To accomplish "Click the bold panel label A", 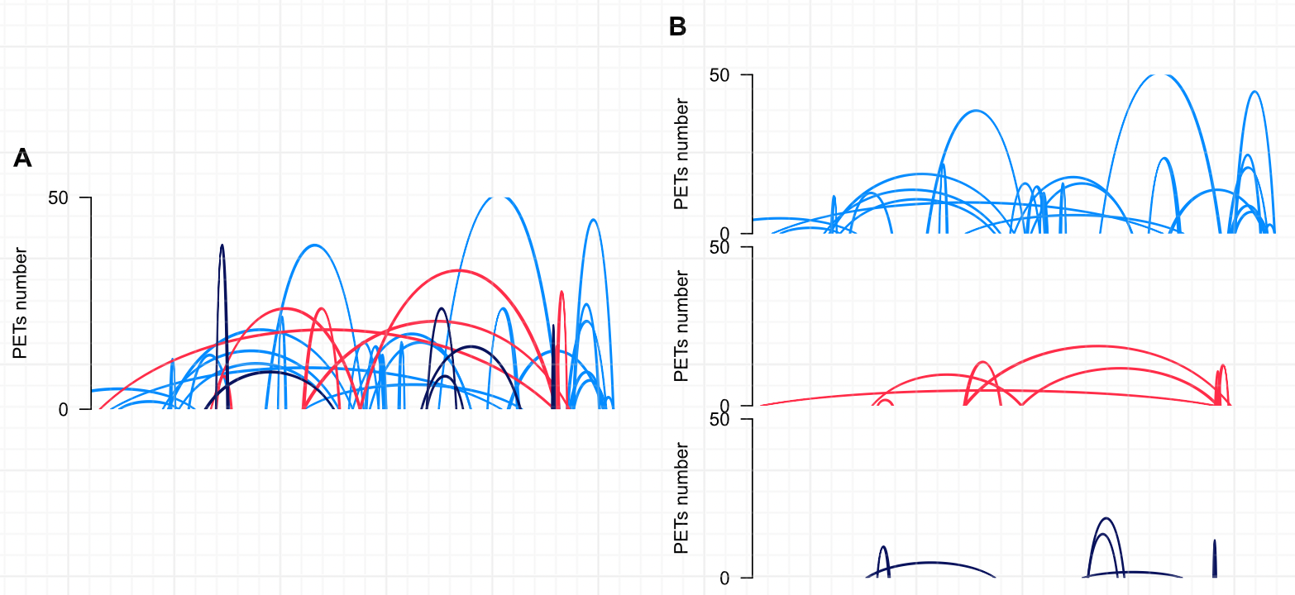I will click(x=22, y=159).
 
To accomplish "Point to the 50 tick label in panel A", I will click(x=70, y=198).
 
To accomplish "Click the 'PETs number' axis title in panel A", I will click(x=20, y=303).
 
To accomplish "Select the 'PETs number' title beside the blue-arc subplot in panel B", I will click(x=681, y=155).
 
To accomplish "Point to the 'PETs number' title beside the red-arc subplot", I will click(x=681, y=326).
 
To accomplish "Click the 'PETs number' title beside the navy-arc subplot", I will click(x=681, y=498).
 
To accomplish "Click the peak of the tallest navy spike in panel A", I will click(x=222, y=245).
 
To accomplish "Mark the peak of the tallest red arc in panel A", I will click(x=459, y=271).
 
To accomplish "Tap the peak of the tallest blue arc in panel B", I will click(x=1164, y=75).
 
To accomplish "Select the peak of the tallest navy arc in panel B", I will click(x=1106, y=518).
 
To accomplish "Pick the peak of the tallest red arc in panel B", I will click(x=1097, y=345).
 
